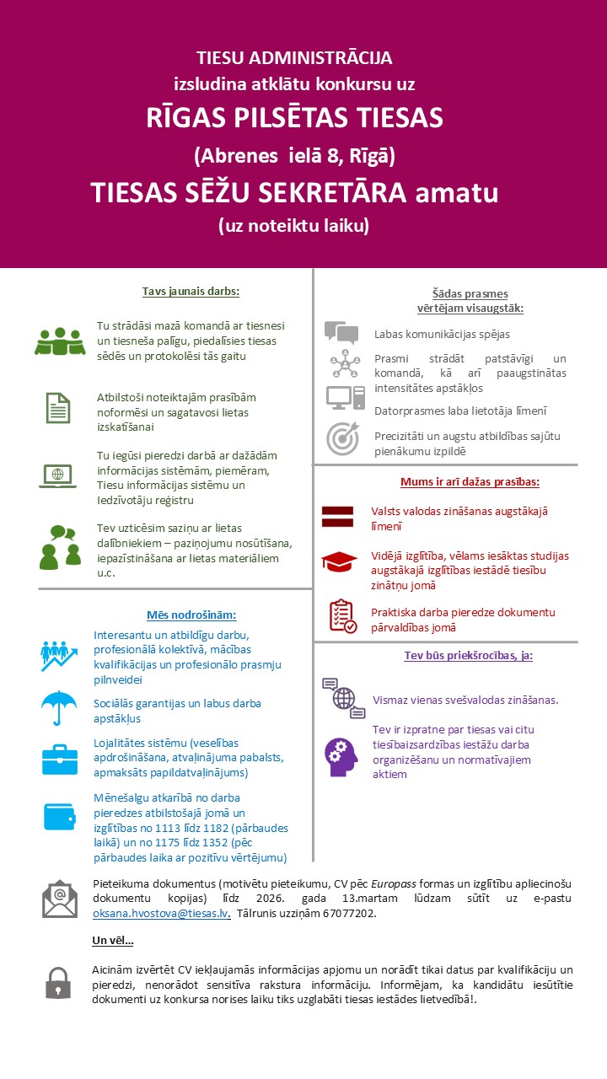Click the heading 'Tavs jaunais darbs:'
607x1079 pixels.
[x=191, y=292]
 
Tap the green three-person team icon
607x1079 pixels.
[x=60, y=341]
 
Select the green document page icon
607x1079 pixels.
[x=58, y=407]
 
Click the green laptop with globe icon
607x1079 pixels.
[x=58, y=475]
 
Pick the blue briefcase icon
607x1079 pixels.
[x=59, y=760]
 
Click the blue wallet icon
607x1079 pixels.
[x=60, y=816]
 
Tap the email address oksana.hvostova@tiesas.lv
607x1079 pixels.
[x=161, y=913]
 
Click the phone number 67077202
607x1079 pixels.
[x=349, y=913]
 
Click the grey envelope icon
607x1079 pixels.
[x=60, y=899]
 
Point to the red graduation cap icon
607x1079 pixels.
[x=339, y=561]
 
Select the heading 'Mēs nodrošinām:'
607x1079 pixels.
[x=191, y=615]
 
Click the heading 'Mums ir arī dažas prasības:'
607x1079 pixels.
[x=470, y=482]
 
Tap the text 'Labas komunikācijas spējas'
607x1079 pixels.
[x=442, y=334]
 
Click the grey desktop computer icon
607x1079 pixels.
[x=345, y=397]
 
